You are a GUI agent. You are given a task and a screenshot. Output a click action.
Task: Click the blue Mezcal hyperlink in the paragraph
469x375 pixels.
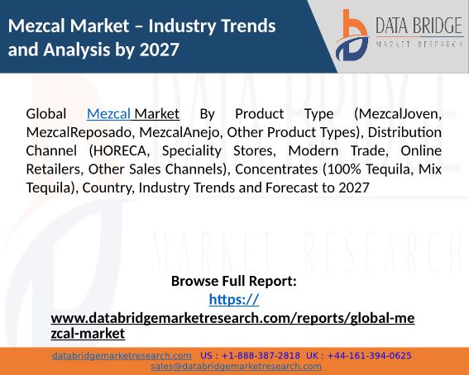pos(108,114)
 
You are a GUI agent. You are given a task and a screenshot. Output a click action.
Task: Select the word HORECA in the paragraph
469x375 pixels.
pos(119,151)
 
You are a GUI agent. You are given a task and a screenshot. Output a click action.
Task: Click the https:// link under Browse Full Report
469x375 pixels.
pos(234,300)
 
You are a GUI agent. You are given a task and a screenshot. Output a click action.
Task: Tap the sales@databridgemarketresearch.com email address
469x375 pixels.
pos(236,367)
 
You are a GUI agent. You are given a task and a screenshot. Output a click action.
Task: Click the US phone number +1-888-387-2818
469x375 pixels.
pos(261,356)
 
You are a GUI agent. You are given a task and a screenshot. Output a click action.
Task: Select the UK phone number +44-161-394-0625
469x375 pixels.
pos(370,356)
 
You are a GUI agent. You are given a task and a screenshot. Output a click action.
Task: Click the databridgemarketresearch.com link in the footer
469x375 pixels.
pos(122,356)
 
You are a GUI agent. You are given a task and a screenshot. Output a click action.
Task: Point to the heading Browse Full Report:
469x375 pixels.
pos(234,281)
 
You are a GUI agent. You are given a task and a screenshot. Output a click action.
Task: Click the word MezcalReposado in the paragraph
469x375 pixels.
pos(79,132)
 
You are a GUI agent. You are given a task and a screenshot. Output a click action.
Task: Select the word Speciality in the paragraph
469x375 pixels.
pos(191,151)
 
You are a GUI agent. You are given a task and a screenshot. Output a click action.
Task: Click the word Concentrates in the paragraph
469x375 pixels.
pos(276,169)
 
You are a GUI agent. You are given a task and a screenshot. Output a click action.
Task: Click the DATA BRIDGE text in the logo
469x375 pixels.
pos(419,26)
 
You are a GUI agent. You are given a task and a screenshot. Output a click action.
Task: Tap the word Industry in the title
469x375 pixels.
pos(179,26)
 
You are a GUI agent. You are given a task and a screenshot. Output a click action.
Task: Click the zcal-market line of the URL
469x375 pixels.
pos(88,333)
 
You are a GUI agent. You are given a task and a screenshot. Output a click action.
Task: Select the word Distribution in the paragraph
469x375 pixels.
pos(404,132)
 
